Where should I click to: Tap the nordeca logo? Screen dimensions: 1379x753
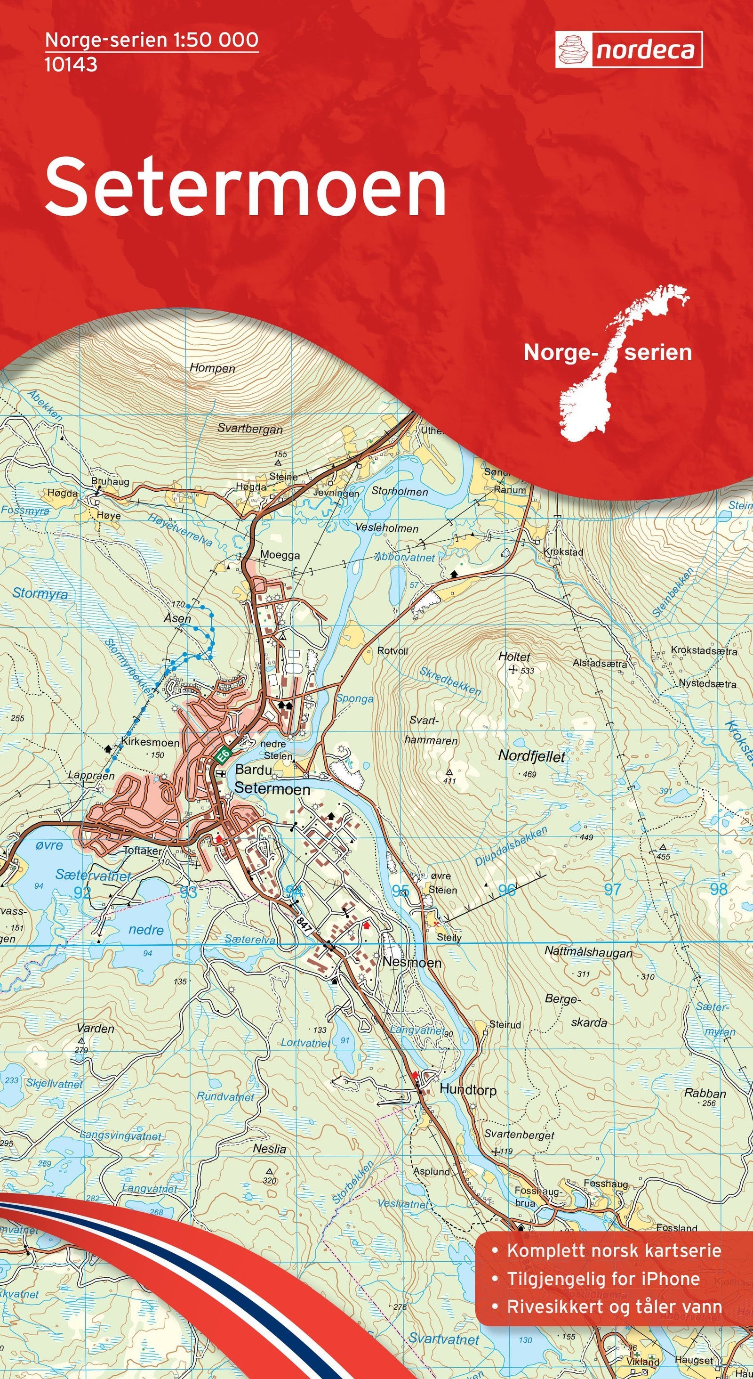pos(628,50)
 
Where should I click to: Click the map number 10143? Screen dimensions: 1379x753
pos(71,64)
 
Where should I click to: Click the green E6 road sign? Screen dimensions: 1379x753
pos(224,755)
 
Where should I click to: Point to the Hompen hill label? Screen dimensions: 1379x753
pos(212,368)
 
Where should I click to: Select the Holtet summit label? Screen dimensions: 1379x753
pos(514,657)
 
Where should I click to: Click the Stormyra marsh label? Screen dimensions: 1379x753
pos(40,593)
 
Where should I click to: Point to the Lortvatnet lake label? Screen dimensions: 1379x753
pos(306,1043)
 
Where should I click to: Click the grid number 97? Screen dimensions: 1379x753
pos(612,889)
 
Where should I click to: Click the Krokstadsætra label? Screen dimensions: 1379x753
pos(704,651)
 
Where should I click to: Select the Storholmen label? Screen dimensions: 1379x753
pos(400,491)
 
